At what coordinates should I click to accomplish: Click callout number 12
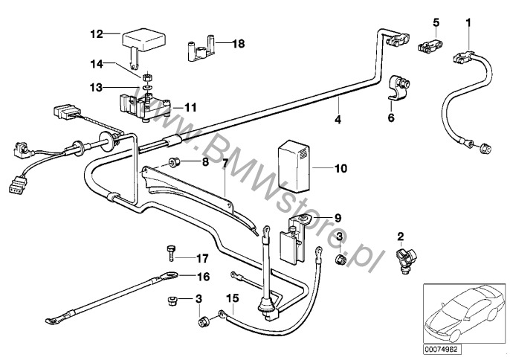coord(96,33)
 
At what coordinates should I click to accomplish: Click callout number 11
coord(190,107)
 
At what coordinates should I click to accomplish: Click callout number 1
coord(468,22)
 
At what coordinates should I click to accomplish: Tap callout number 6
coord(391,118)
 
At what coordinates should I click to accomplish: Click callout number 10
coord(340,170)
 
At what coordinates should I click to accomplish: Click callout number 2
coord(400,237)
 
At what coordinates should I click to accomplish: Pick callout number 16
coord(203,276)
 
